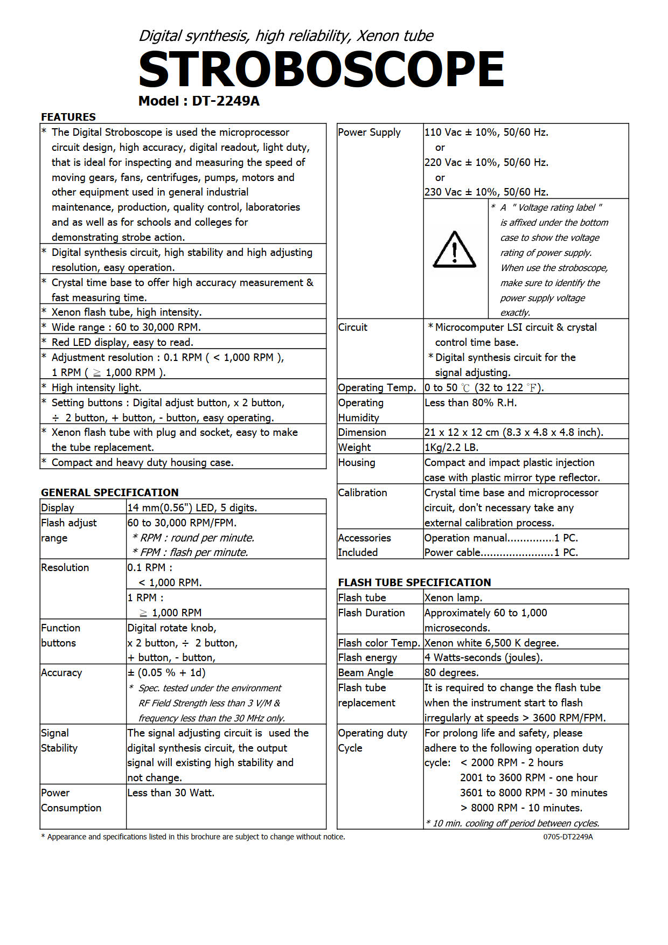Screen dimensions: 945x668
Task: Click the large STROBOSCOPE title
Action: click(x=321, y=70)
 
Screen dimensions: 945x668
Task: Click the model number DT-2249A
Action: click(x=226, y=101)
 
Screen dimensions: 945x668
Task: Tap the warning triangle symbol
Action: click(x=455, y=250)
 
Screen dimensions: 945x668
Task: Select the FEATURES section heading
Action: click(x=68, y=117)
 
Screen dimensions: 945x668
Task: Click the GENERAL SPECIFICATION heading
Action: click(x=110, y=492)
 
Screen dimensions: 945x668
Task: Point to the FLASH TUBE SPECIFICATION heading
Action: click(x=414, y=582)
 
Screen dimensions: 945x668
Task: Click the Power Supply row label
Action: click(x=370, y=133)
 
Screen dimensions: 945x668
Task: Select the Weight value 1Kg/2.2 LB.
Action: click(x=451, y=447)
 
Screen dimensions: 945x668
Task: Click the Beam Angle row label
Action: click(x=366, y=672)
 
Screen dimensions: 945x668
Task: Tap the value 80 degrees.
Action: click(x=451, y=672)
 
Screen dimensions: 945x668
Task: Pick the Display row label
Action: click(x=58, y=508)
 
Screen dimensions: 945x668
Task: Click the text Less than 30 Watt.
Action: click(x=171, y=793)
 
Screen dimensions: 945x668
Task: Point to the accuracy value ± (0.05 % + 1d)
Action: click(x=166, y=672)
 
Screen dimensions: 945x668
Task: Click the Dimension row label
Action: click(x=362, y=432)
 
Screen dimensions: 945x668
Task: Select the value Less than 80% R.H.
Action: click(x=470, y=402)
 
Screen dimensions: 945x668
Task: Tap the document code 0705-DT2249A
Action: click(x=568, y=837)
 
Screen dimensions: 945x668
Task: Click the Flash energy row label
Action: click(x=367, y=657)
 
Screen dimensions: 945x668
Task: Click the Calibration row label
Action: click(x=363, y=492)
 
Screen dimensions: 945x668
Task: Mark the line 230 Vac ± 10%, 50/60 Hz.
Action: click(x=486, y=192)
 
